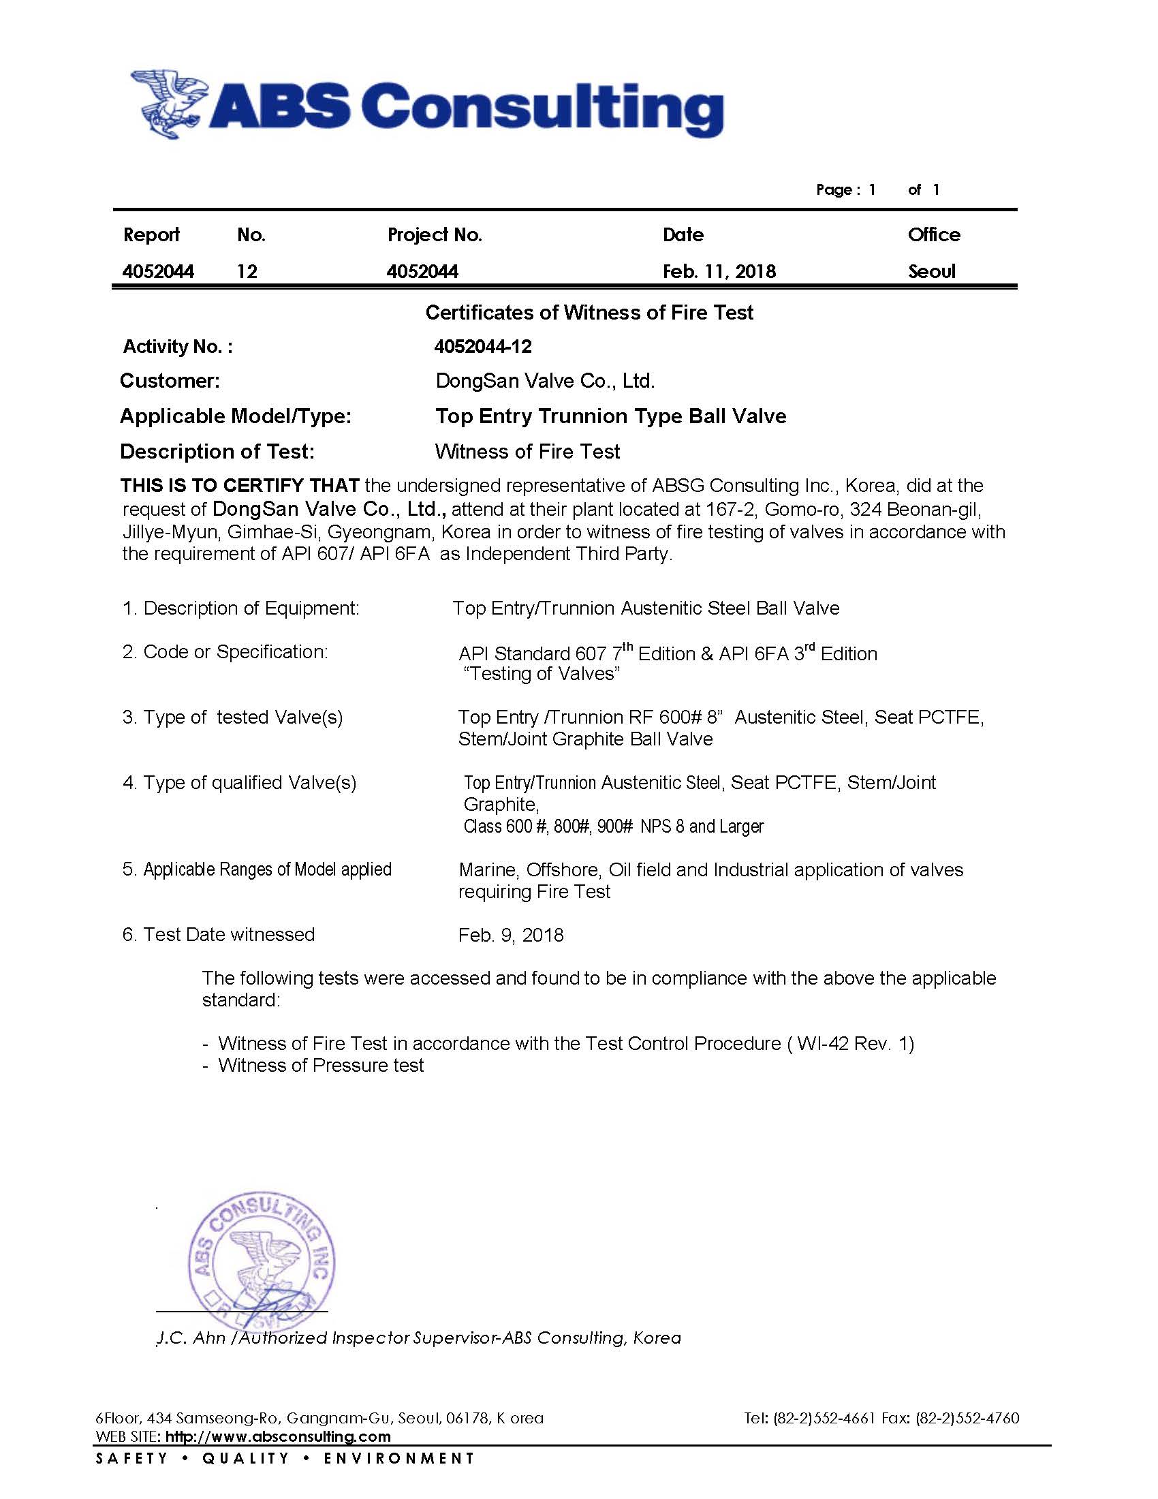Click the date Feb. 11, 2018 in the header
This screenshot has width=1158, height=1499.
[x=718, y=271]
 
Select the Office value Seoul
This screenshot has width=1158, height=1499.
[x=931, y=271]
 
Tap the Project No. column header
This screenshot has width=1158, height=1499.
[x=435, y=235]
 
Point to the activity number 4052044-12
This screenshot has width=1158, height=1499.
[x=482, y=346]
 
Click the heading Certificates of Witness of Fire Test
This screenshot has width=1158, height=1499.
[x=589, y=312]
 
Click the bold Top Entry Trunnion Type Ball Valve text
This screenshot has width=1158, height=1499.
[x=610, y=416]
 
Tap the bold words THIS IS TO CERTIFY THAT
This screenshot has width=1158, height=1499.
[x=239, y=486]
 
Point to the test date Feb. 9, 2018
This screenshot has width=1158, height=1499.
[x=510, y=935]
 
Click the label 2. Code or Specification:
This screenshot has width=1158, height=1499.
[x=225, y=651]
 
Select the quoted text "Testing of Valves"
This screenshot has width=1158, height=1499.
[x=542, y=673]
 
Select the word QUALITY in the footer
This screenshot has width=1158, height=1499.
[x=245, y=1458]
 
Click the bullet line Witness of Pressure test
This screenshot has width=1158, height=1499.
[x=320, y=1065]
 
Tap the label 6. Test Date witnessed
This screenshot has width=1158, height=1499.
[x=218, y=934]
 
